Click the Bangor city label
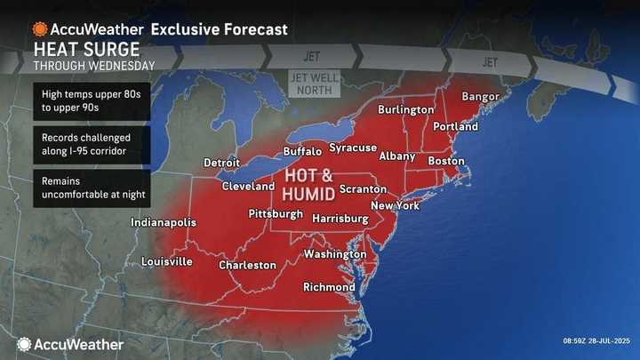(481, 96)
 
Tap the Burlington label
(405, 110)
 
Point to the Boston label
(446, 161)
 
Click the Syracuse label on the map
(355, 147)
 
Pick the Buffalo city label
(302, 152)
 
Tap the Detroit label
(221, 164)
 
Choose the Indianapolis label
(164, 222)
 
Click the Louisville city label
(167, 261)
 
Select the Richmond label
(329, 287)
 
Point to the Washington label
(335, 254)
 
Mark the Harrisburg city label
(340, 218)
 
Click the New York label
(395, 205)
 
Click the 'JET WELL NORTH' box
(312, 84)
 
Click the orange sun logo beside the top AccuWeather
(40, 28)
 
